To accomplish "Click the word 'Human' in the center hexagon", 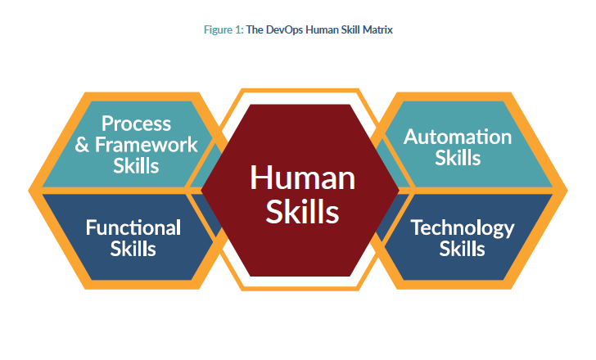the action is pos(303,178).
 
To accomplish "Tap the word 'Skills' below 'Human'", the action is pos(303,211).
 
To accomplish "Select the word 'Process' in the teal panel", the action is pos(136,124).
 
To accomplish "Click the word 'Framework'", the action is pos(147,145).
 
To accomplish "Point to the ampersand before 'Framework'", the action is pos(82,145).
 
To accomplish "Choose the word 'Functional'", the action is pos(133,227).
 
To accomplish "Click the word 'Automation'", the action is pos(458,137).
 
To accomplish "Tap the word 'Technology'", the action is pos(463,228).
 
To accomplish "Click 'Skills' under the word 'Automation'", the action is pos(458,158).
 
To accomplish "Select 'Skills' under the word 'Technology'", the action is pos(463,249).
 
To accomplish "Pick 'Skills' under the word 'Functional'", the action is pos(133,249).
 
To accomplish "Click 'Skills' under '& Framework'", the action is pos(136,166).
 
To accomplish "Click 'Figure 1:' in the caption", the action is pos(223,30).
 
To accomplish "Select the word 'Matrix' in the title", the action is pos(377,30).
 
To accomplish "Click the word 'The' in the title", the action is pos(255,30).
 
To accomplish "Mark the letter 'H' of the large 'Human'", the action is pos(260,178).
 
